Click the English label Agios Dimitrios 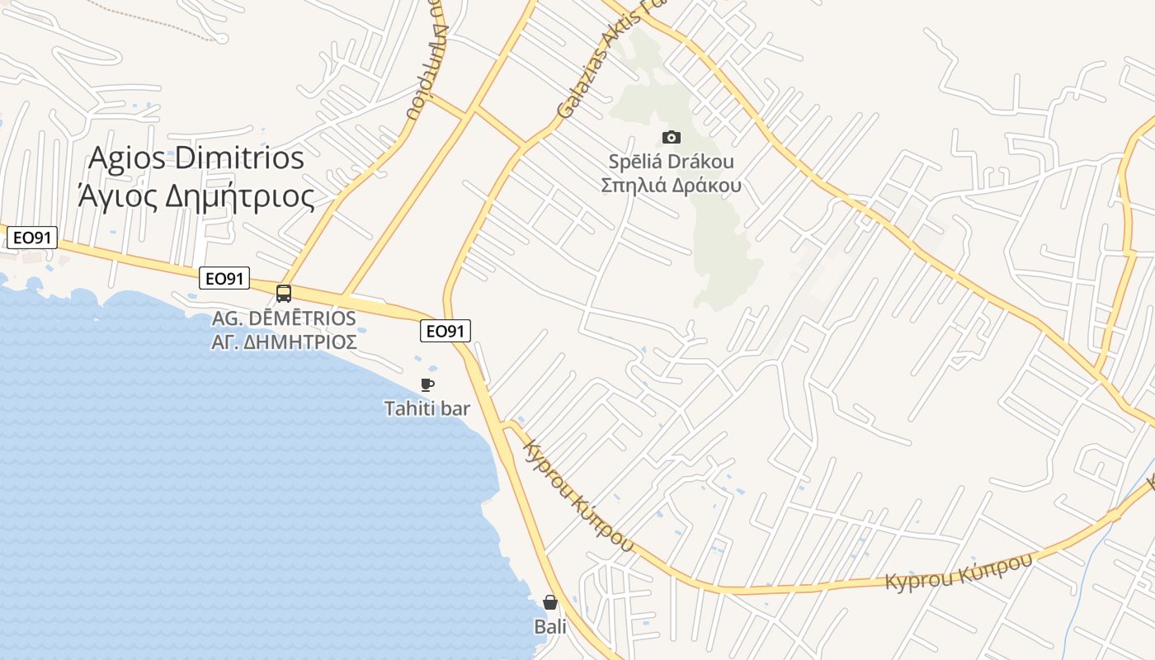[196, 158]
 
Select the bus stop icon [284, 293]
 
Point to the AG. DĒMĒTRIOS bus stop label [284, 318]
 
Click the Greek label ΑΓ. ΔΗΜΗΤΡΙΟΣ [284, 341]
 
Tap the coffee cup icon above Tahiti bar [427, 384]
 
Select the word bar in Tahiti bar [455, 408]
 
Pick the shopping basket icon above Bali [550, 603]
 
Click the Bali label [550, 627]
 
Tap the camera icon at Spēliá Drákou [671, 137]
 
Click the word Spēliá [637, 162]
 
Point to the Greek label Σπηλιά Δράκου [671, 185]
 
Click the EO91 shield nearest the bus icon [224, 279]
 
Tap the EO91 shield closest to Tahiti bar [445, 331]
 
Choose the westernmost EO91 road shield [32, 238]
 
